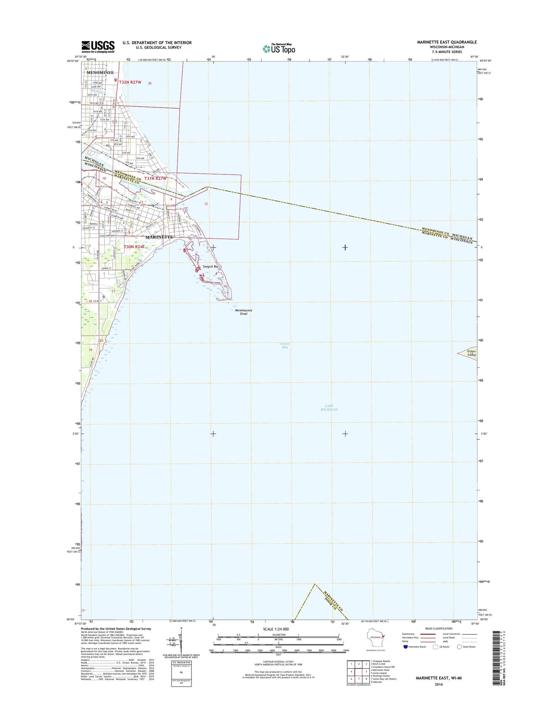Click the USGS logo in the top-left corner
[98, 47]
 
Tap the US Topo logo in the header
[279, 48]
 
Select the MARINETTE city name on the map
[159, 237]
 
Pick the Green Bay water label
[285, 345]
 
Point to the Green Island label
[472, 353]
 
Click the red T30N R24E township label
[134, 247]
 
